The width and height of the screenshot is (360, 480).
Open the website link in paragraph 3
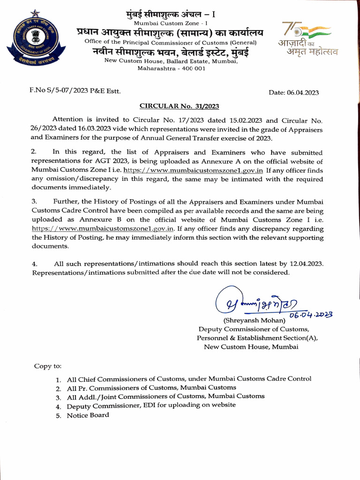103,229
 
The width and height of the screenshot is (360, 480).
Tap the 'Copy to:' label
47,366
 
